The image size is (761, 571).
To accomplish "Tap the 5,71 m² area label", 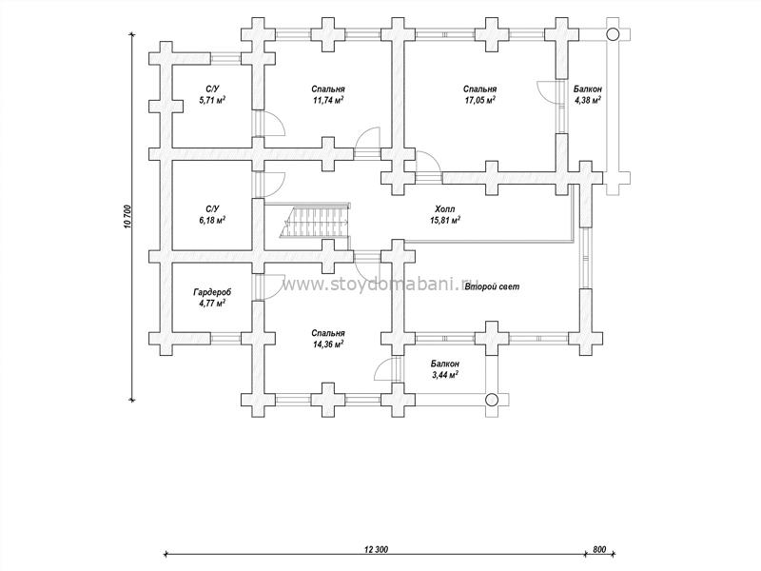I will pyautogui.click(x=211, y=99).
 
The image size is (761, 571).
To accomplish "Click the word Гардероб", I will pyautogui.click(x=211, y=292).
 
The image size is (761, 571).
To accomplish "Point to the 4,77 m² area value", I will pyautogui.click(x=211, y=304).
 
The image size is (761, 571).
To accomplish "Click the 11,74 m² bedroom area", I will pyautogui.click(x=327, y=99).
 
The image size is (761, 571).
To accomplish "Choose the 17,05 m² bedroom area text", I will pyautogui.click(x=480, y=99).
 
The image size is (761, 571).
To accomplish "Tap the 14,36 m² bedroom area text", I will pyautogui.click(x=327, y=345).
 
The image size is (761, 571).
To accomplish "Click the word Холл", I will pyautogui.click(x=444, y=208).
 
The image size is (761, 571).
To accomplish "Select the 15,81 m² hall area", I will pyautogui.click(x=444, y=220).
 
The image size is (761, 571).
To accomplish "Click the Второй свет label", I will pyautogui.click(x=492, y=285).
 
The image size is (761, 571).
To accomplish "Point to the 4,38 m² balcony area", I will pyautogui.click(x=587, y=100).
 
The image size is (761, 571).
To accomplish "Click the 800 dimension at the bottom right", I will pyautogui.click(x=599, y=550).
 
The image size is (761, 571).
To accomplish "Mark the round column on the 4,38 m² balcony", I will pyautogui.click(x=612, y=33).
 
